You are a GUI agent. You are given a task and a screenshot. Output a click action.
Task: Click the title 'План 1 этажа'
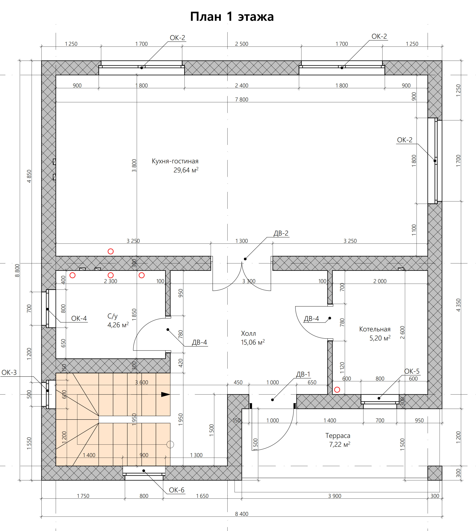click(x=232, y=17)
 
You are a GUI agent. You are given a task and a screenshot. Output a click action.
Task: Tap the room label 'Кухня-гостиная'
click(x=175, y=161)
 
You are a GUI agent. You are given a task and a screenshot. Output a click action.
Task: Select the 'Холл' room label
click(x=248, y=333)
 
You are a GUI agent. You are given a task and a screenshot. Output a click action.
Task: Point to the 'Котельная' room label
click(x=375, y=329)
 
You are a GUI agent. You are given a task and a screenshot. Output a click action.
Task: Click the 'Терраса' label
click(x=338, y=436)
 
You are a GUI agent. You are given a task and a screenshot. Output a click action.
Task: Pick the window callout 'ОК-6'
click(x=177, y=490)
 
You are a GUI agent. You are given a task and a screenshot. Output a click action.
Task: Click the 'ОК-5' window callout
click(x=412, y=371)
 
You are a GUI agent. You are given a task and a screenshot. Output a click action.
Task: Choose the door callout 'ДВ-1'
click(x=303, y=374)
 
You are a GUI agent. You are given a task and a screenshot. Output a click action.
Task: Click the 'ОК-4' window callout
click(x=79, y=318)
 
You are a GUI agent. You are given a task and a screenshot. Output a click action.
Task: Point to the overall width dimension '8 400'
click(x=241, y=514)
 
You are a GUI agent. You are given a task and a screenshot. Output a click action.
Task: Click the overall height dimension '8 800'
click(x=17, y=270)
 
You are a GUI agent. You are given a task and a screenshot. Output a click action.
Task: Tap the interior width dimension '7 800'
click(x=241, y=99)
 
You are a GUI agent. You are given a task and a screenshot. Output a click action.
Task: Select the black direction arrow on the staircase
click(x=166, y=394)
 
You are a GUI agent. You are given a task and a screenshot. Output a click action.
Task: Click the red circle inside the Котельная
click(x=337, y=390)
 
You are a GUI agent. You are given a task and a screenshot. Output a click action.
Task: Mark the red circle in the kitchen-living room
click(x=111, y=251)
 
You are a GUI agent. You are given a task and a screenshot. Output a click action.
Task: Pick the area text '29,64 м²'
click(x=186, y=170)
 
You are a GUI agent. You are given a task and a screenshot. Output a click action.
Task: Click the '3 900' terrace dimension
click(x=335, y=496)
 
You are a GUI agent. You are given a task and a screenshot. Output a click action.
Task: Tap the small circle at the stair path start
click(x=170, y=444)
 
